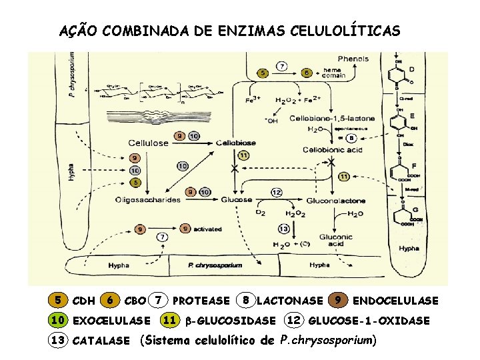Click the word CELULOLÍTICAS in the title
(x=343, y=31)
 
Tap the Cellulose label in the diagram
(x=148, y=143)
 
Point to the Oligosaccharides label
(x=148, y=199)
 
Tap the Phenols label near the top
(x=353, y=59)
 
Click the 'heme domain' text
(x=333, y=72)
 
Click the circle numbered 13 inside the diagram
(x=283, y=229)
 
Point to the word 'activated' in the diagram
(x=208, y=229)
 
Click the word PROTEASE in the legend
(x=201, y=301)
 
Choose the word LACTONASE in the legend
(x=289, y=301)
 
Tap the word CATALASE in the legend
(x=101, y=341)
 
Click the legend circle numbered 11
(x=170, y=321)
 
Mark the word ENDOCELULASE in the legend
(x=395, y=301)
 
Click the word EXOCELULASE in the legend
(x=111, y=321)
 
